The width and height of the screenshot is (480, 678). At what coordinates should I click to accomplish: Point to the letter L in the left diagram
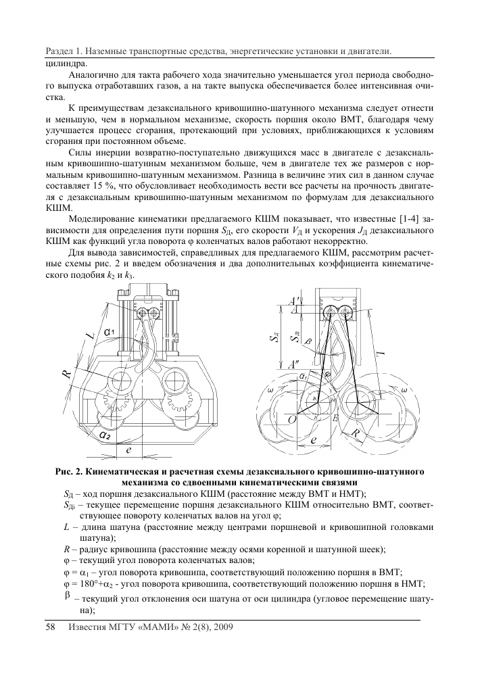[x=89, y=333]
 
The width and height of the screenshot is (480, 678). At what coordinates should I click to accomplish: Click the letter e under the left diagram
[x=128, y=448]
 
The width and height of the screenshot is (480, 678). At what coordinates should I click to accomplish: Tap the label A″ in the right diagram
[x=295, y=366]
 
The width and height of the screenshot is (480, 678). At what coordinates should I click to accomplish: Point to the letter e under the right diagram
[x=314, y=440]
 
